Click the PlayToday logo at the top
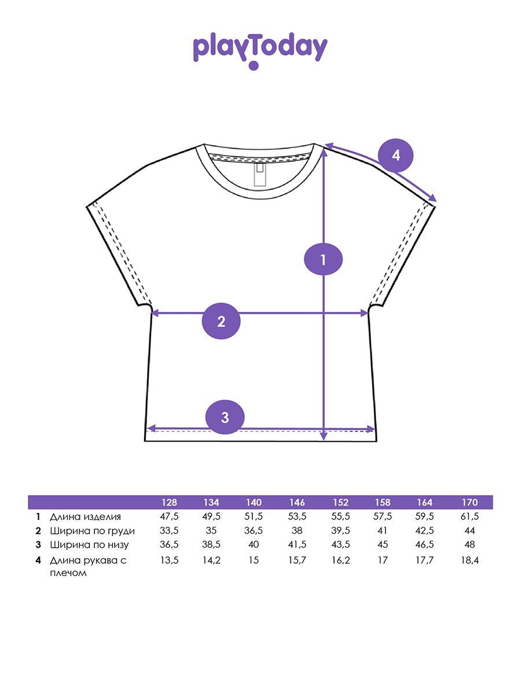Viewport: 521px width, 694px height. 260,51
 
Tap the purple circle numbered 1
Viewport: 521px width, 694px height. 323,259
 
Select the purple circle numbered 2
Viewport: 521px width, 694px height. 221,322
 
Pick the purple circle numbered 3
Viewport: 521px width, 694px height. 226,417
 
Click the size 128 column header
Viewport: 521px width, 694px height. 169,502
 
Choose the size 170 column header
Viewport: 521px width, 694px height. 469,502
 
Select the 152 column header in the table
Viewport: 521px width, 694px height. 340,502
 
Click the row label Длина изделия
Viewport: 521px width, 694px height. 85,516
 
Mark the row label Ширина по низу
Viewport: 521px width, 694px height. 89,544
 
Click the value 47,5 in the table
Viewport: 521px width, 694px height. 169,516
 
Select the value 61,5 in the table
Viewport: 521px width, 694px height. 469,516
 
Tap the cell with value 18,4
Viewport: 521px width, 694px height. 469,560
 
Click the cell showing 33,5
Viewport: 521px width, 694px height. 169,530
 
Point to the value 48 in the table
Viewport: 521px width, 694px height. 469,544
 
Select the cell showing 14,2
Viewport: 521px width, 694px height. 212,560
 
